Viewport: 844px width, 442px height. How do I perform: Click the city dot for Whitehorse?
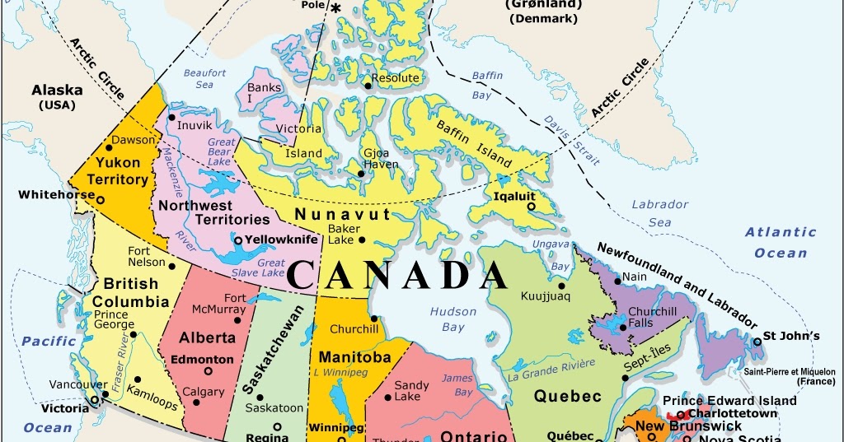tap(101, 199)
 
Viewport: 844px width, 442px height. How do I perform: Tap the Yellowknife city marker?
tap(237, 240)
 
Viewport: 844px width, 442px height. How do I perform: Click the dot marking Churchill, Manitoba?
tap(373, 319)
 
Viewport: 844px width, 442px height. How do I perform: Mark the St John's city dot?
tap(757, 341)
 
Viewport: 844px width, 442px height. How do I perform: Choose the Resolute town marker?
tap(367, 85)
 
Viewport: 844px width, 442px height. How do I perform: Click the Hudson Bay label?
tap(453, 319)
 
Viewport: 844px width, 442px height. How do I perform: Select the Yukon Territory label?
tap(122, 170)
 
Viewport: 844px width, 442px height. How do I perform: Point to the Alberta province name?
tap(208, 337)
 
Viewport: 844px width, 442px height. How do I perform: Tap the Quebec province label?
tap(568, 396)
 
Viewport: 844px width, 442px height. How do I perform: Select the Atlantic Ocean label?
tap(781, 242)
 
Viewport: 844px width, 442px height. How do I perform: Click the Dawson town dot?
tap(108, 147)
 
